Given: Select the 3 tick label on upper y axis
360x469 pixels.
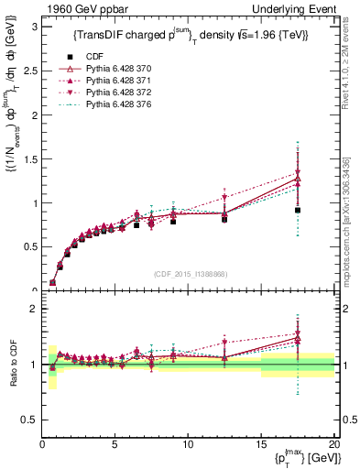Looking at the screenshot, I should [34, 27].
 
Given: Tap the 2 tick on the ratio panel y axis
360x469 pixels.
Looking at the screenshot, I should [34, 309].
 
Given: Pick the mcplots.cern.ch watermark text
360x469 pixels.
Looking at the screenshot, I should [351, 220].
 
